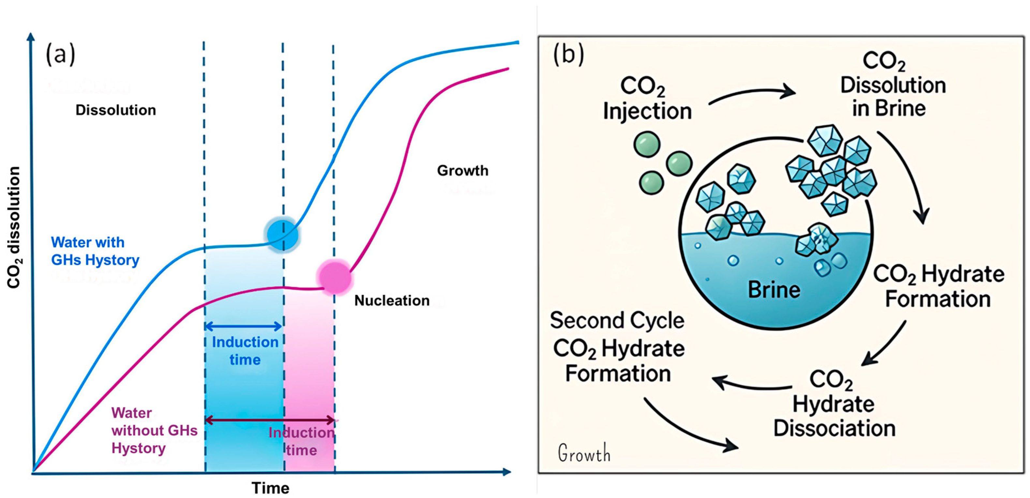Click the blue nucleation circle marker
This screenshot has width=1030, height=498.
[283, 235]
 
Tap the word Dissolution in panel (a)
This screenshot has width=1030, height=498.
[116, 110]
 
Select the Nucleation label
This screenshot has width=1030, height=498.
[392, 300]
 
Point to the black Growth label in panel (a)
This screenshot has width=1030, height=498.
[463, 171]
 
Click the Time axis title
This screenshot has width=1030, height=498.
[270, 488]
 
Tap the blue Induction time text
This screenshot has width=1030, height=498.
[245, 350]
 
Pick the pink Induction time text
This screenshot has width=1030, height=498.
[302, 441]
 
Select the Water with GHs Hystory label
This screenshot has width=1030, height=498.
[95, 251]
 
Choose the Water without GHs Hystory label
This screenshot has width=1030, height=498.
[154, 430]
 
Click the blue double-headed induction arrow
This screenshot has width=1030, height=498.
[243, 327]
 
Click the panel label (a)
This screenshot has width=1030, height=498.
[60, 54]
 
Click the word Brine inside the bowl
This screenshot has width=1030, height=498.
[774, 290]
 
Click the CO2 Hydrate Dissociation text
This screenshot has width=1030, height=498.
[834, 404]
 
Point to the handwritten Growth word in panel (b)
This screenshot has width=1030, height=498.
[584, 453]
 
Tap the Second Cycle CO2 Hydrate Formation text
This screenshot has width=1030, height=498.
[618, 347]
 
